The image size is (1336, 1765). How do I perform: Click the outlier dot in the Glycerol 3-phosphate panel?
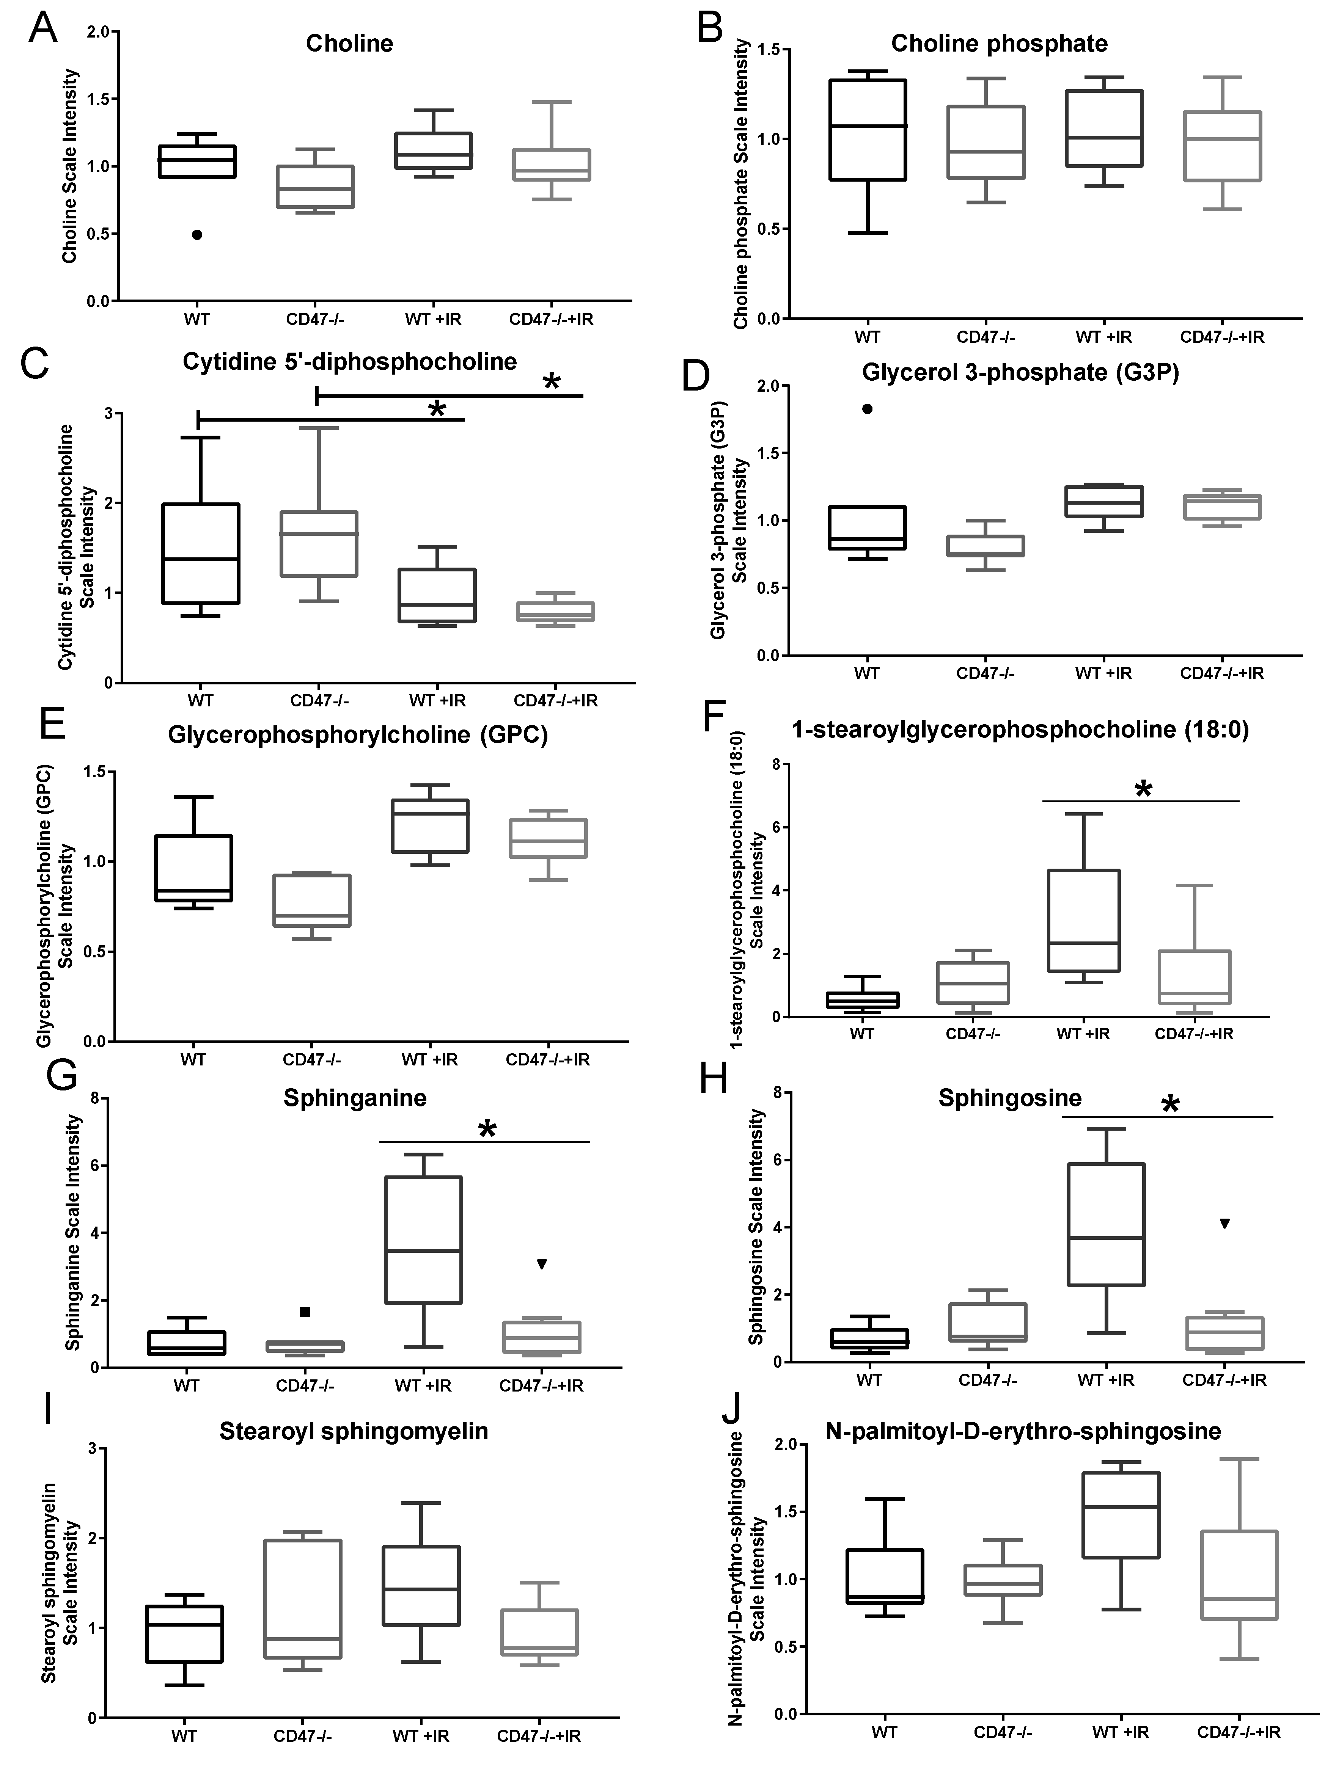tap(868, 408)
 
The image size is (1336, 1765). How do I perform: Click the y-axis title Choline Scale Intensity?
tap(70, 166)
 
